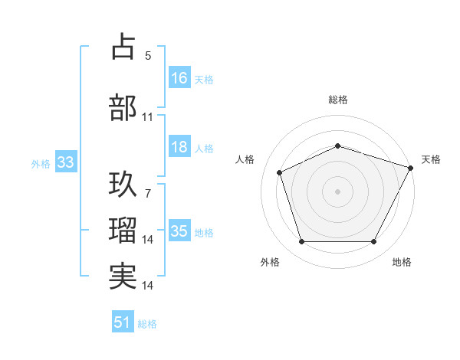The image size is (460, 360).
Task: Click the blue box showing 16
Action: point(179,78)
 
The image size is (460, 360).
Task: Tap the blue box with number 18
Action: point(179,148)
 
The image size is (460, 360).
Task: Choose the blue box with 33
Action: point(65,163)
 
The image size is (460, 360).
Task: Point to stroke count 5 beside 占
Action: point(148,55)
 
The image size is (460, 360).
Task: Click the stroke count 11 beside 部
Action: point(148,117)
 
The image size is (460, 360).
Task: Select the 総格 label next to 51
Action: point(147,324)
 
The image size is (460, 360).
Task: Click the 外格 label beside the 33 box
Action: point(41,164)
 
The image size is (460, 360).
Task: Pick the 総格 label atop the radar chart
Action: point(338,100)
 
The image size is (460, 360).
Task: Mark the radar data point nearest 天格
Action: point(411,167)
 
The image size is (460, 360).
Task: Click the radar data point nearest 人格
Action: point(280,172)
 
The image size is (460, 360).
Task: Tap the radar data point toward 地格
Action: point(374,242)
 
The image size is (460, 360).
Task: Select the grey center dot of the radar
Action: point(338,191)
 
